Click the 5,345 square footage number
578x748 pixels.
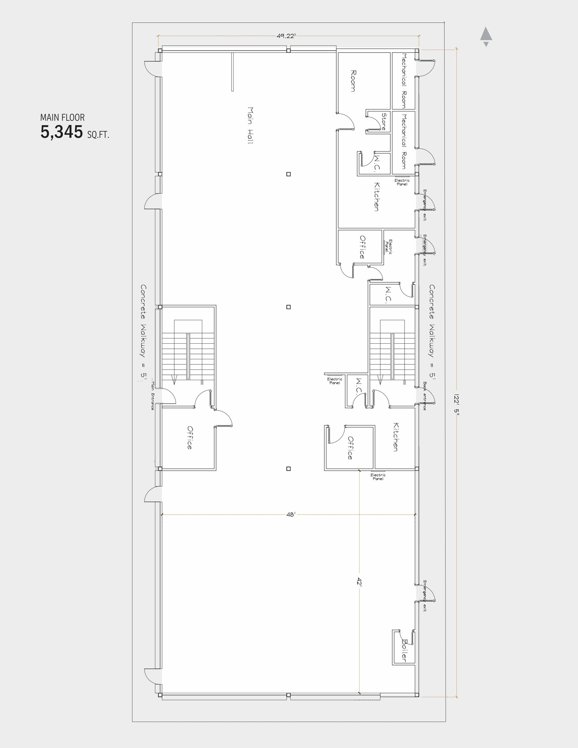point(62,132)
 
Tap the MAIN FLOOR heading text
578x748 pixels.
point(62,118)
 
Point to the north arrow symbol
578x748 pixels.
point(486,36)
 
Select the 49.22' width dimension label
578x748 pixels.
point(286,36)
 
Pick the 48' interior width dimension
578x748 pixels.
point(291,515)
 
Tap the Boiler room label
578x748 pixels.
point(404,650)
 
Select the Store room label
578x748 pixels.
point(384,122)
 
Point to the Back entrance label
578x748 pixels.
point(425,396)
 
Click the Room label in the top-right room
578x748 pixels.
point(353,81)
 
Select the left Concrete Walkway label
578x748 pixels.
point(143,333)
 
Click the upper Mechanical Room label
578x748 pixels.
point(404,81)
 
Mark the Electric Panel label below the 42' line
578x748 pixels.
point(378,477)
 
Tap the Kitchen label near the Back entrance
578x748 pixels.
point(395,437)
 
